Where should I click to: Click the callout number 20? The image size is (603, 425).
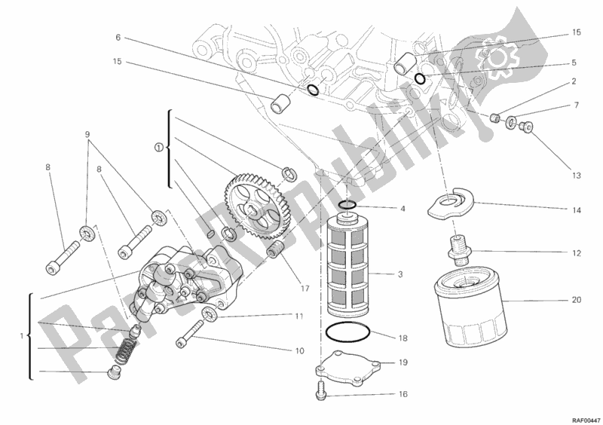[x=577, y=300]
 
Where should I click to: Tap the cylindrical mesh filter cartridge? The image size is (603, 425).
[x=348, y=263]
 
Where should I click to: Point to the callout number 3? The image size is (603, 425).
[x=402, y=274]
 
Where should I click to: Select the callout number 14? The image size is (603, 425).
[x=577, y=210]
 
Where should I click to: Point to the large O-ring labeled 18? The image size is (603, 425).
[x=348, y=332]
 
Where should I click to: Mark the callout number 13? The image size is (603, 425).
[x=577, y=176]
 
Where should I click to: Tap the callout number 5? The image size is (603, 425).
[x=574, y=63]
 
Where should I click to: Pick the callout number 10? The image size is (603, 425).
[x=300, y=350]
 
